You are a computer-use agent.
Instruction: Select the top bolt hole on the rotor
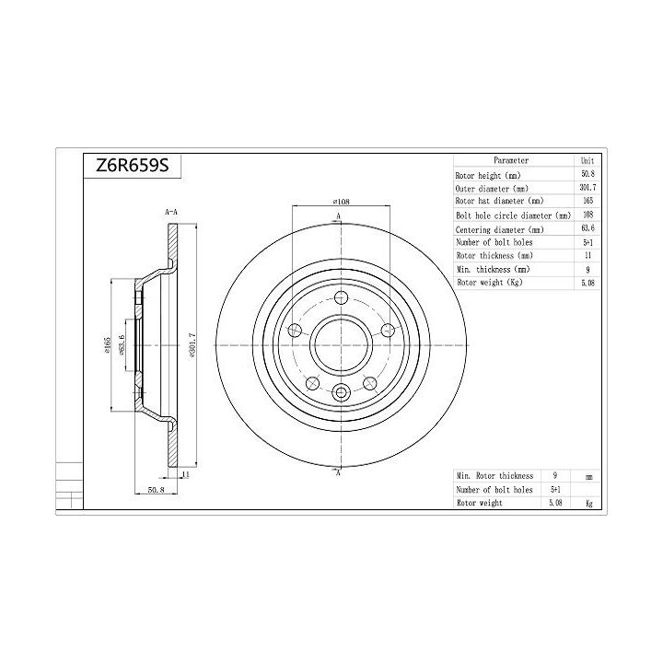click(340, 298)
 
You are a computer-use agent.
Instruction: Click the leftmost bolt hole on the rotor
click(297, 331)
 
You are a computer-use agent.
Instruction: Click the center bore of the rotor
click(340, 345)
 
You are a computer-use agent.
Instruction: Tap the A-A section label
click(170, 213)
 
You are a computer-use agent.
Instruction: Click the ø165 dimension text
click(107, 345)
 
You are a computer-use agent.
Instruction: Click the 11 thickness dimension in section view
click(184, 474)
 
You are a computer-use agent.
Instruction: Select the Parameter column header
click(510, 159)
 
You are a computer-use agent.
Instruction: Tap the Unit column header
click(587, 159)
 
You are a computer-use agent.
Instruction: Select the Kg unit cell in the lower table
click(587, 503)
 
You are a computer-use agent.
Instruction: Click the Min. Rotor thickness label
click(494, 475)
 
